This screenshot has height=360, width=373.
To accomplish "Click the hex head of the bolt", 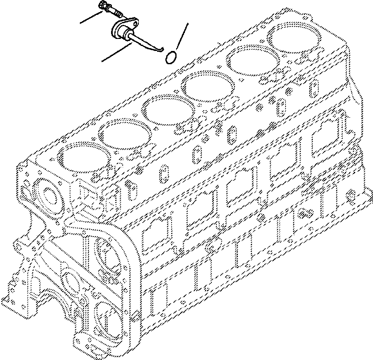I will click(102, 6).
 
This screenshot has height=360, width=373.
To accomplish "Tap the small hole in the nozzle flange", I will click(131, 25).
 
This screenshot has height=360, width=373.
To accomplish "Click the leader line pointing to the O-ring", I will click(183, 35).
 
